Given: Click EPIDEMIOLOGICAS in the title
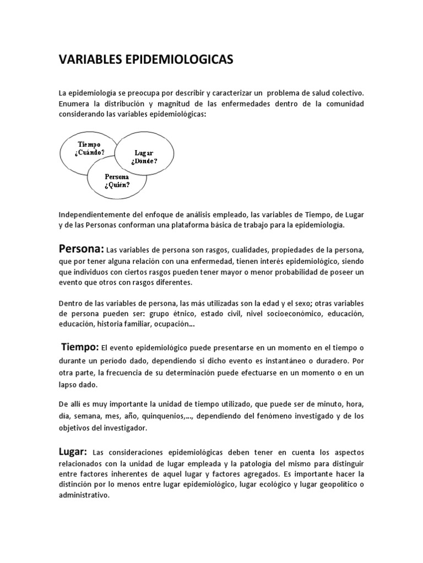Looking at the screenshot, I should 178,60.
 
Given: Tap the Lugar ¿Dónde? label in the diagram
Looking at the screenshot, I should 144,157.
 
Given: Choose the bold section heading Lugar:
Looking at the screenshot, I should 73,451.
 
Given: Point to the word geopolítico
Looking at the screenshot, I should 333,484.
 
